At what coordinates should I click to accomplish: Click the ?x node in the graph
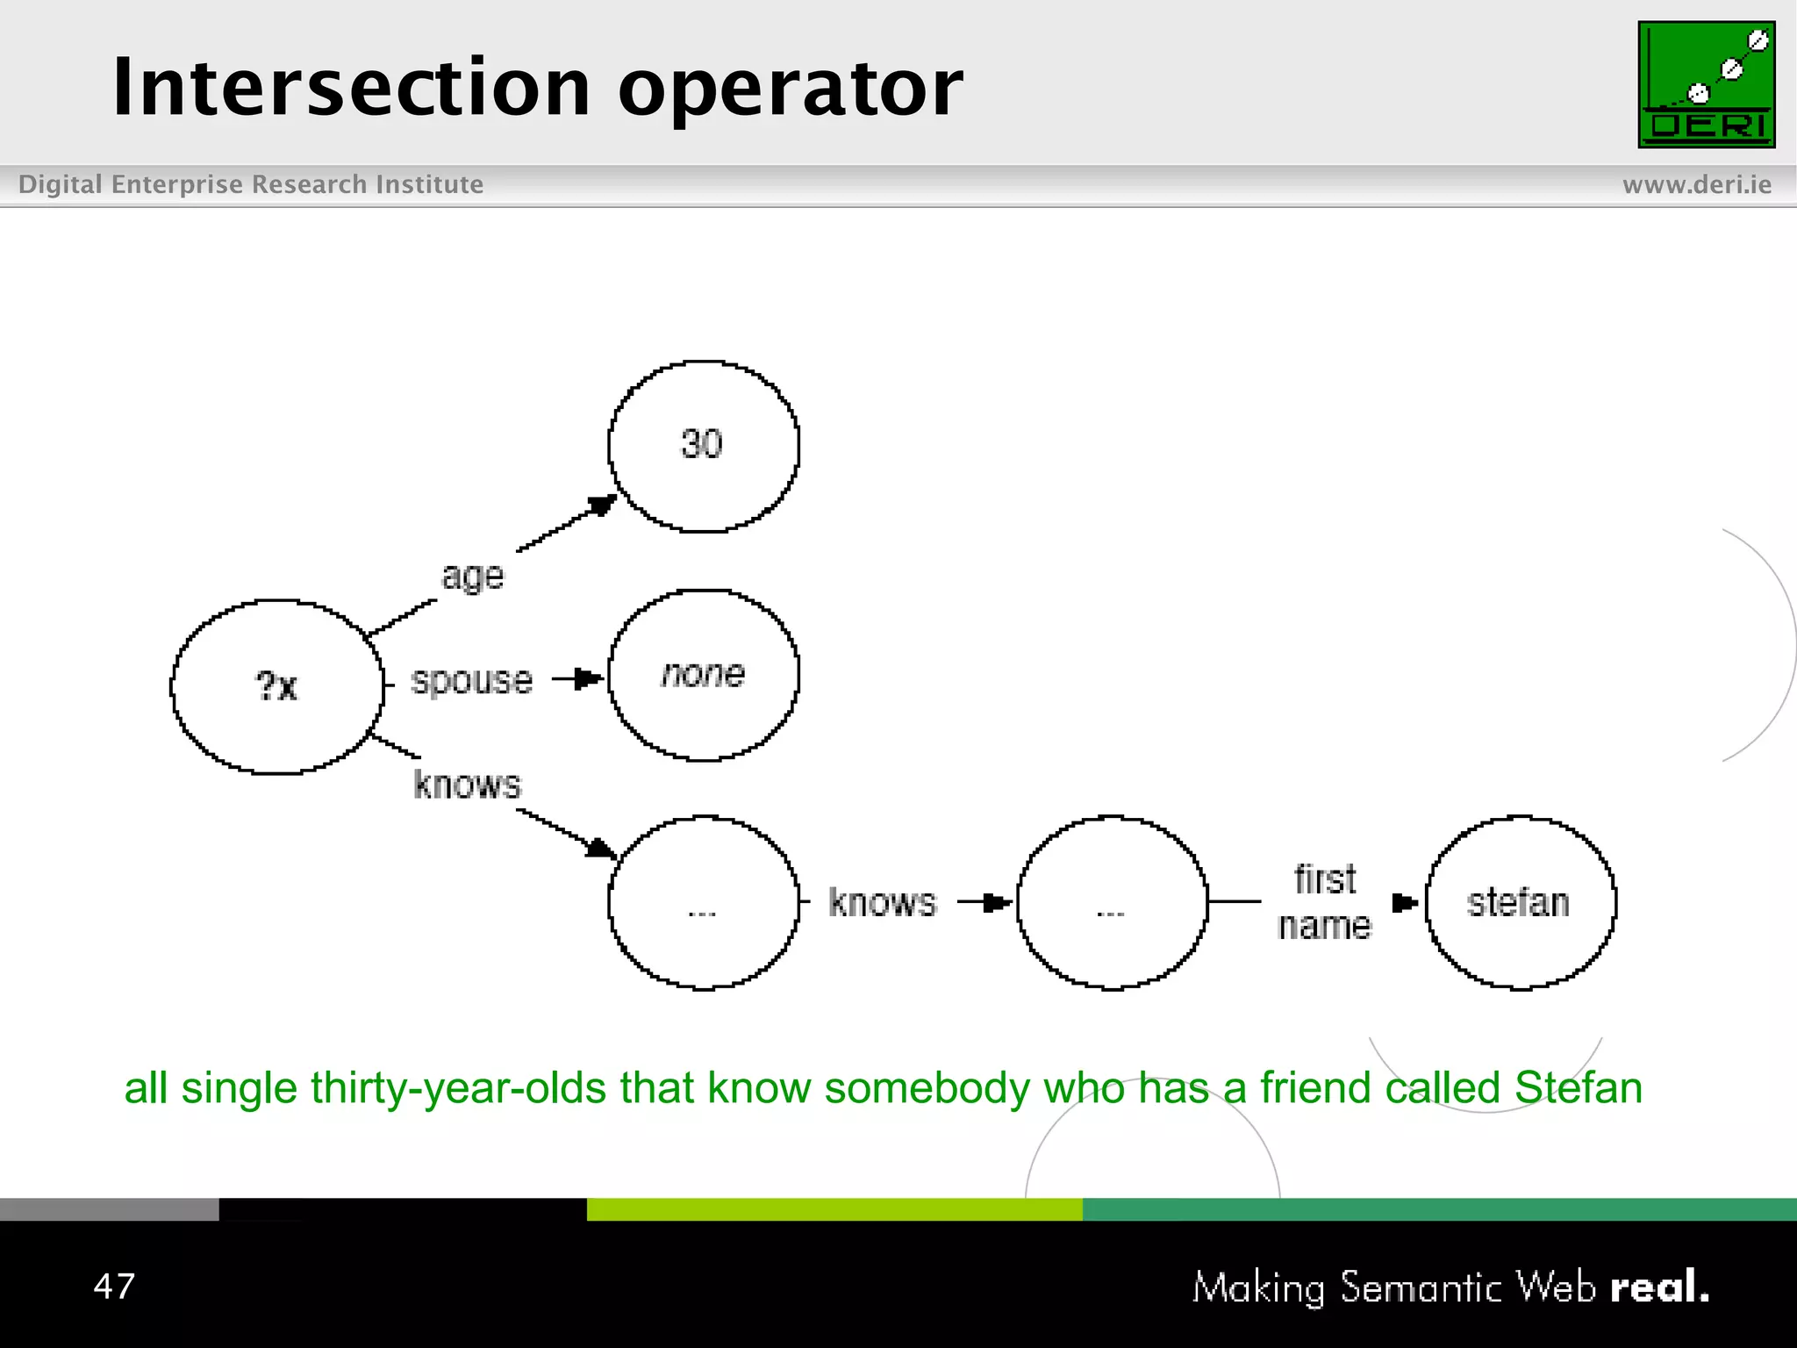[x=276, y=686]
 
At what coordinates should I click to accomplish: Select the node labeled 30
[x=703, y=445]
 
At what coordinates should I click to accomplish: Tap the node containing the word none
[x=703, y=674]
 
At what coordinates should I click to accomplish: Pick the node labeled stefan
[x=1520, y=902]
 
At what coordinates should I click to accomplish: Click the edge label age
[x=472, y=577]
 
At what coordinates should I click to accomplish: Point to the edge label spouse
[x=471, y=681]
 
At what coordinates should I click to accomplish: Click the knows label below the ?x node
[x=467, y=785]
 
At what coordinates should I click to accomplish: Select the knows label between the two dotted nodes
[x=883, y=902]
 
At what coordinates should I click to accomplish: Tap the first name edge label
[x=1325, y=902]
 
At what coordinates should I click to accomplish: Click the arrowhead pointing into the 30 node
[x=603, y=505]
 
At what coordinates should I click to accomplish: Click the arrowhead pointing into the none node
[x=589, y=678]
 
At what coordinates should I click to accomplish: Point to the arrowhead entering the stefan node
[x=1405, y=902]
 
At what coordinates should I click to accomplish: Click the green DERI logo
[x=1706, y=84]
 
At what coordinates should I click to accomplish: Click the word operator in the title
[x=790, y=90]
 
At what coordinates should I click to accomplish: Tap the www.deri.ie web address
[x=1696, y=184]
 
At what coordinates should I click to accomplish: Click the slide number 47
[x=114, y=1287]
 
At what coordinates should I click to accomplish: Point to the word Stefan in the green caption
[x=1578, y=1087]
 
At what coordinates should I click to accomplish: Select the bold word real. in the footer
[x=1659, y=1287]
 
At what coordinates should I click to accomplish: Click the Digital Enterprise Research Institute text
[x=251, y=184]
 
